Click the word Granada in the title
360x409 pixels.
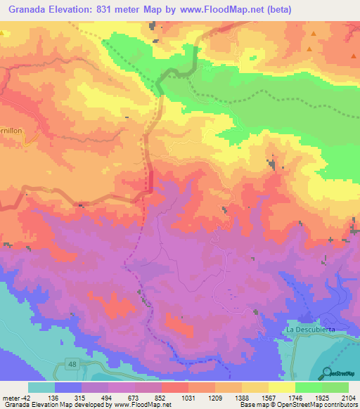click(x=29, y=10)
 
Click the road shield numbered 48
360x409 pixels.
click(x=73, y=363)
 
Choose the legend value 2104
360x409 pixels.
click(x=349, y=397)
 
